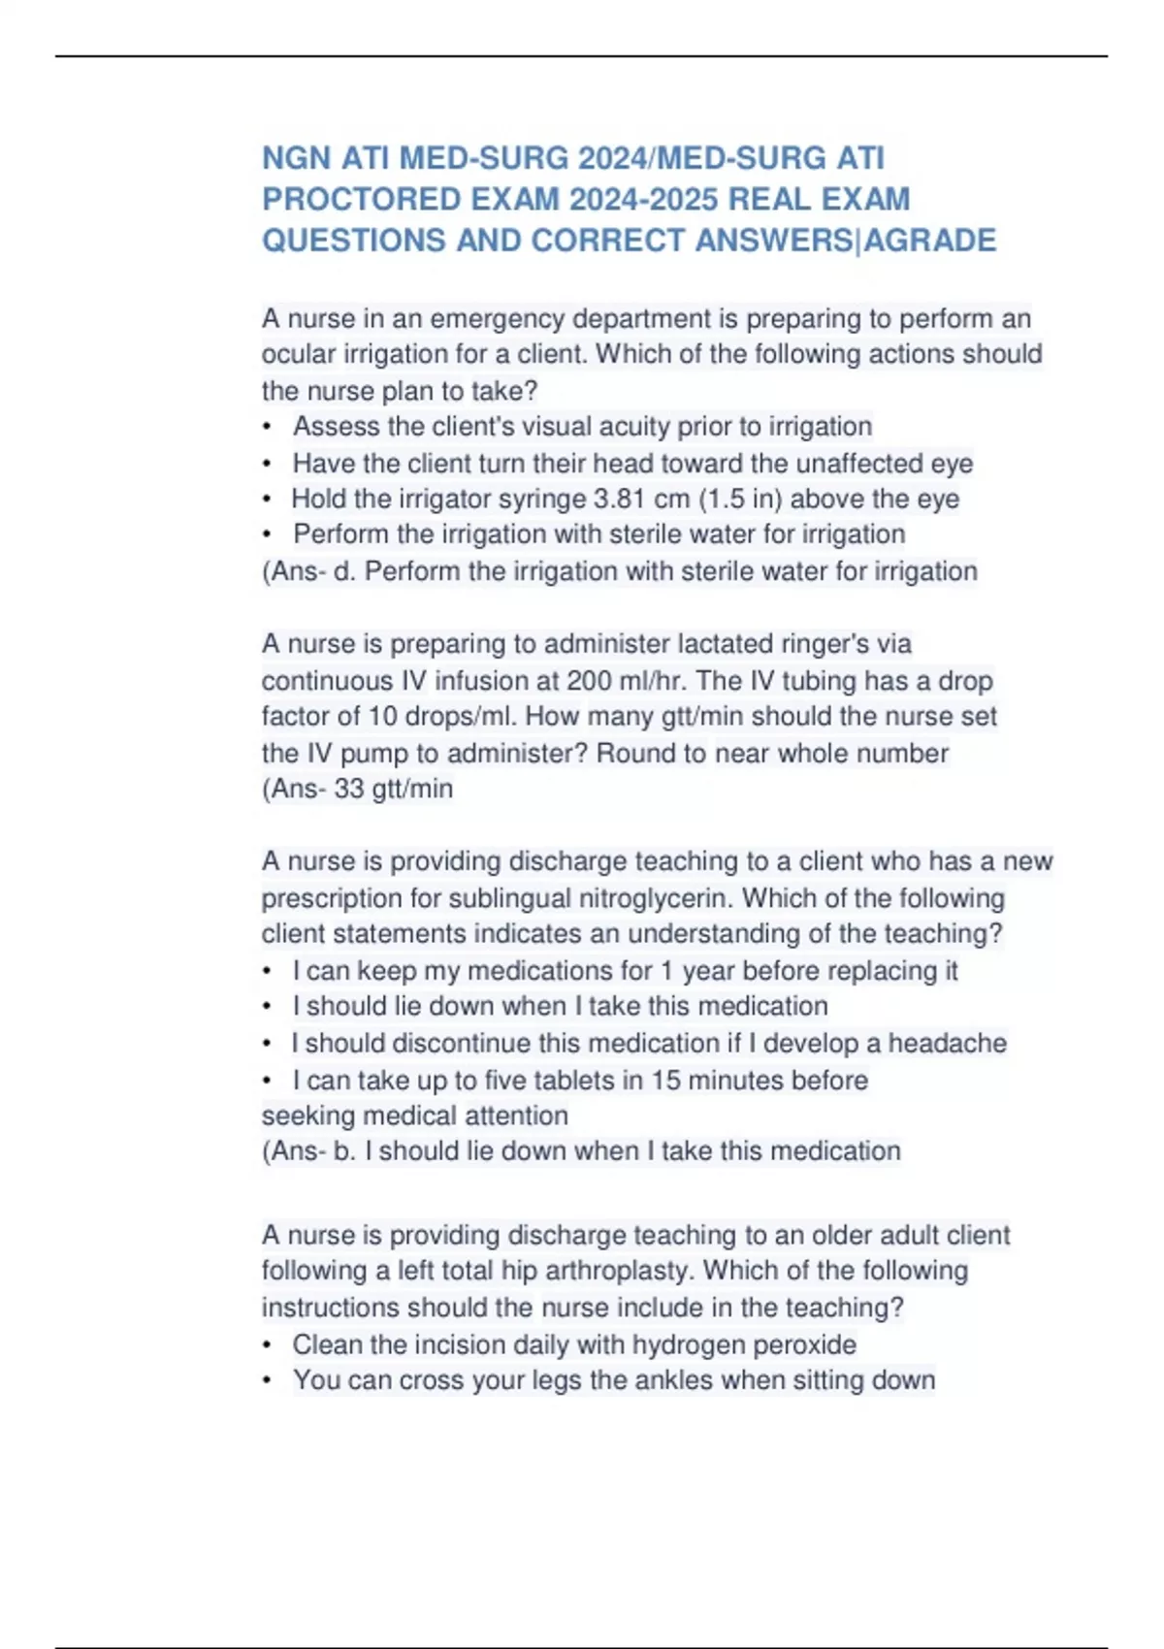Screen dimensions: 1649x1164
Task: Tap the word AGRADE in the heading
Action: point(929,241)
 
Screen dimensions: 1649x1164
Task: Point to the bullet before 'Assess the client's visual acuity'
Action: point(267,427)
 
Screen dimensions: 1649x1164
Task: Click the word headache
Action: point(948,1043)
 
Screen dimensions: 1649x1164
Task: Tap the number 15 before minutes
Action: point(665,1081)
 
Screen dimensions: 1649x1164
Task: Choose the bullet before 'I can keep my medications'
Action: point(267,971)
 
